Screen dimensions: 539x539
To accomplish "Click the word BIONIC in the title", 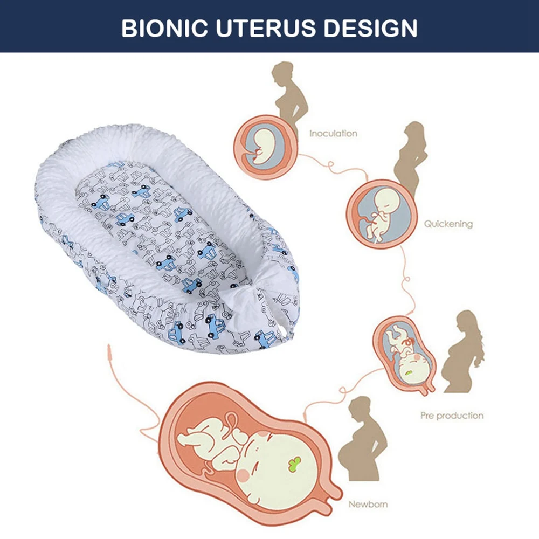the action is pos(164,28).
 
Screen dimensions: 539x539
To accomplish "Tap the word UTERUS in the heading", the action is pos(265,28).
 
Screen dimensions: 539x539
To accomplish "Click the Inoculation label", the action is pos(333,133).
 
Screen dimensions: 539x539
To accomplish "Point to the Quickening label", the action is pos(448,224).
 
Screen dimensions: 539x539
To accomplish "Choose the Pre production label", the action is pos(452,416).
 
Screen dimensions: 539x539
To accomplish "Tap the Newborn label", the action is pos(368,505).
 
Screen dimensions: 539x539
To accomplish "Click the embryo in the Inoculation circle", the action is pos(264,146).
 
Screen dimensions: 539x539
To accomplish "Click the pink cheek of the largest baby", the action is pos(244,475).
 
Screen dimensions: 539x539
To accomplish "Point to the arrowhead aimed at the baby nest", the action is pos(109,351).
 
